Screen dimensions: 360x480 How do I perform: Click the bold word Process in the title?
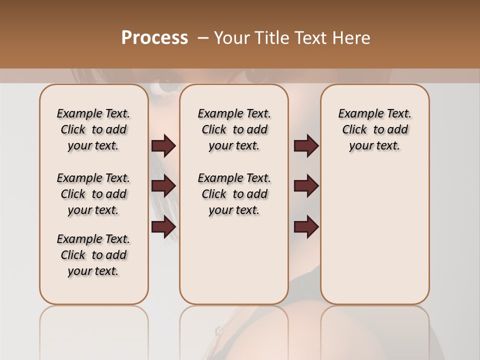click(154, 38)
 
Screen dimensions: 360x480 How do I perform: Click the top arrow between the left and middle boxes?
click(163, 145)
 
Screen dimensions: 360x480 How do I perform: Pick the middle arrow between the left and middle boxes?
click(163, 186)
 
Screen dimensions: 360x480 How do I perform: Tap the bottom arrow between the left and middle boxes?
click(163, 226)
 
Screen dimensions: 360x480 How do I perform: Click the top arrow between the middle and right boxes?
click(306, 145)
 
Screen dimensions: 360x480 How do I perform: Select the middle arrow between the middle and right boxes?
click(306, 186)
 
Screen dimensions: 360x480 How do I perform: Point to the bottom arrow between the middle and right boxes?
click(306, 226)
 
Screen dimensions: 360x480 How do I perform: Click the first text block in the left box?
click(93, 129)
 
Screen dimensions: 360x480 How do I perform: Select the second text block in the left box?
click(93, 194)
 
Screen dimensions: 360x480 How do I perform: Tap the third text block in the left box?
click(93, 255)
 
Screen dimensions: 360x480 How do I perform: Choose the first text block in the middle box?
click(234, 129)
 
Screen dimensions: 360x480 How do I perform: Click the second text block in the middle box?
click(234, 194)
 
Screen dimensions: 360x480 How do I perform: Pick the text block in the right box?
click(374, 129)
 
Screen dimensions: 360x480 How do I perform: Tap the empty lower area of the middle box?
click(234, 260)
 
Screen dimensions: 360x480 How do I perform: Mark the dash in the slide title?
click(202, 38)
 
